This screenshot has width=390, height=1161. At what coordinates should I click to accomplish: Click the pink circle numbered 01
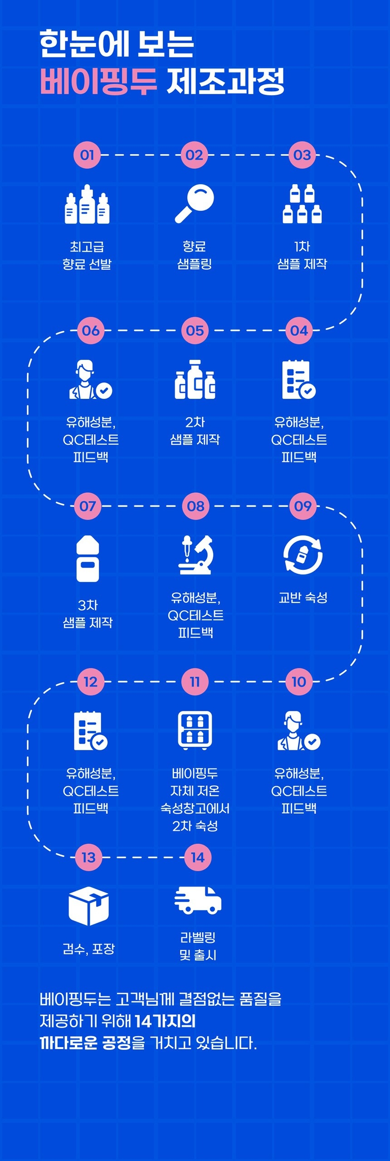pos(87,155)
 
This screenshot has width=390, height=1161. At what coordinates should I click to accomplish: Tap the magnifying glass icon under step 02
pos(195,204)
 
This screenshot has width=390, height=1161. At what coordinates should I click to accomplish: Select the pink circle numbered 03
pos(302,155)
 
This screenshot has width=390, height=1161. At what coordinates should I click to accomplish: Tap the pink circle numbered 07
pos(88,506)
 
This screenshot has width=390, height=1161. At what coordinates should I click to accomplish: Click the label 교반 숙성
pos(303,598)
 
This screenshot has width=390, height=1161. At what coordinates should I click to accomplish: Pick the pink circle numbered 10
pos(299,681)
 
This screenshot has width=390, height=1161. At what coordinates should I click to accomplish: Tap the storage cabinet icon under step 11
pos(195,730)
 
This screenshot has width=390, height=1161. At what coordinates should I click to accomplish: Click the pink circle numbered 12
pos(91,681)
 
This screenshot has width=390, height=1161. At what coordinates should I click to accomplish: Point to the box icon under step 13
pos(88,906)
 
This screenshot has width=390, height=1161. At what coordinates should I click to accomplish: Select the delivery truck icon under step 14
pos(198,899)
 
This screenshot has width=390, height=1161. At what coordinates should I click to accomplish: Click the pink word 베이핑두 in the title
pos(98,82)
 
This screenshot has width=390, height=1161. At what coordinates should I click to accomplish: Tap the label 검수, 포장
pos(88,949)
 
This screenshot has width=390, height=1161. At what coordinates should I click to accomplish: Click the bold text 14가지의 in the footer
pos(165,1021)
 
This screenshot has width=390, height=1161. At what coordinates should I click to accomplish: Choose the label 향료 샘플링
pos(195,255)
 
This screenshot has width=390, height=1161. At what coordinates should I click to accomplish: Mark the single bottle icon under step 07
pos(88,558)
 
